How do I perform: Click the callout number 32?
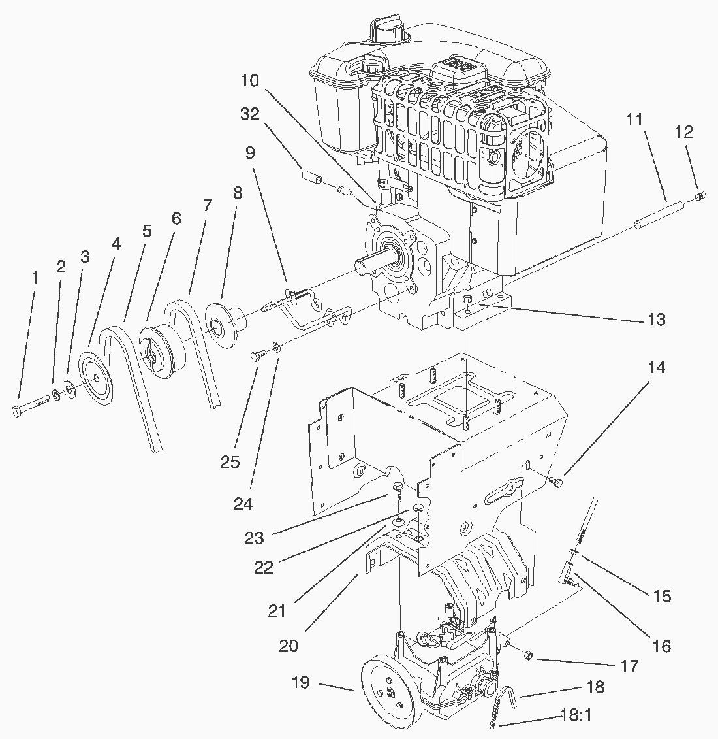point(249,114)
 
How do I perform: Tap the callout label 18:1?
point(576,715)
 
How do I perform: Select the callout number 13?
point(657,320)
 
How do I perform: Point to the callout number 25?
point(230,462)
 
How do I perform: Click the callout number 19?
point(300,682)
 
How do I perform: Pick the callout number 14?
point(657,367)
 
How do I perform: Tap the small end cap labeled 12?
point(701,195)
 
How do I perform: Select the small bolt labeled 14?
point(556,482)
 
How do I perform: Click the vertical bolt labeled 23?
point(396,493)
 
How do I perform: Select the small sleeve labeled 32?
point(312,178)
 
